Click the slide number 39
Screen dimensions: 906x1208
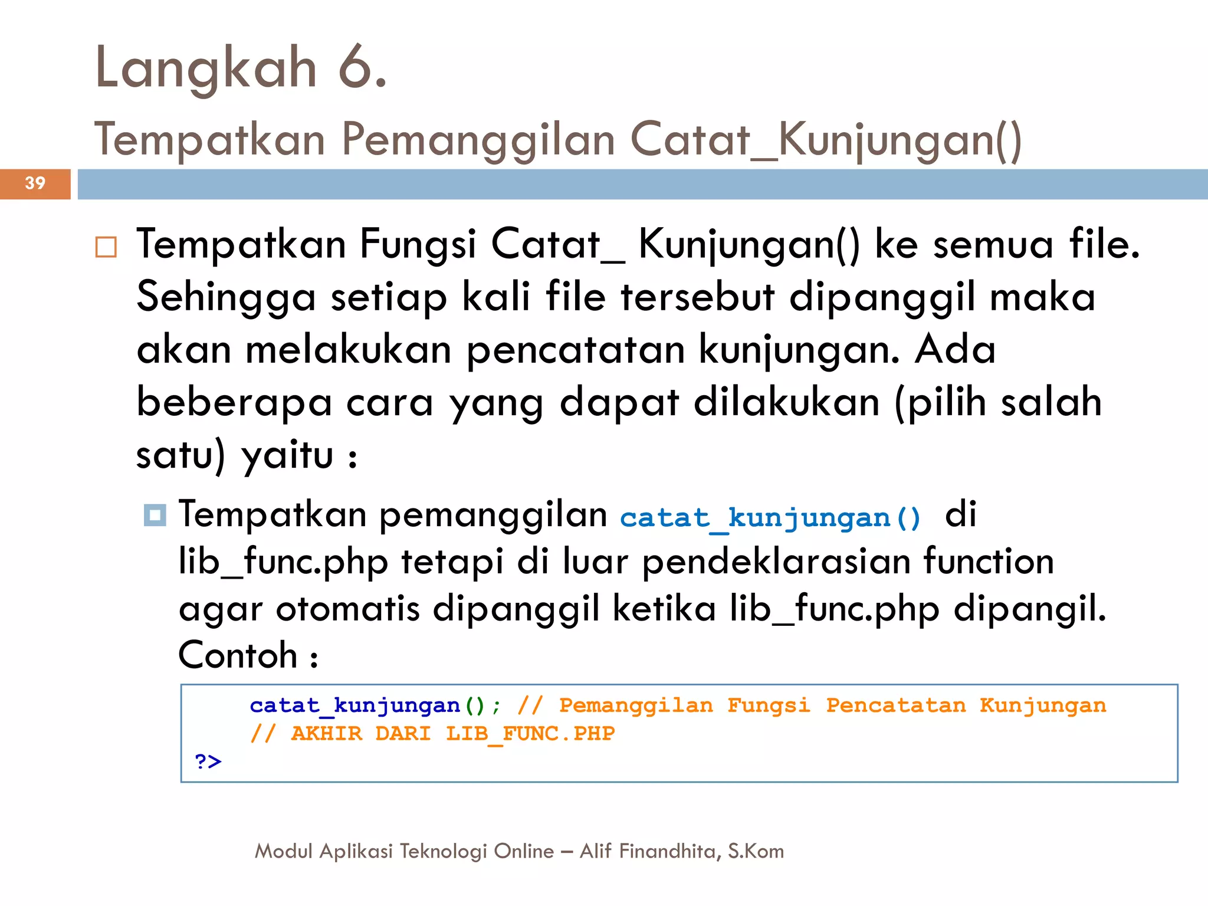click(35, 183)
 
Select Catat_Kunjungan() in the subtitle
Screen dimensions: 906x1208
click(826, 140)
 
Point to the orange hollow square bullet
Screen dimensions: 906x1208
click(106, 247)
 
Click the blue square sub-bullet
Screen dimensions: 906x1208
click(155, 516)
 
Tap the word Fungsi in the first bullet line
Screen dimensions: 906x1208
click(418, 244)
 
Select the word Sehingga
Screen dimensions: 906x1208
click(226, 297)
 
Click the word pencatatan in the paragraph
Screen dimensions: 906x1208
click(576, 350)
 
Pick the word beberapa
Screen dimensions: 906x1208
click(234, 402)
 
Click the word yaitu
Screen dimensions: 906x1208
click(288, 455)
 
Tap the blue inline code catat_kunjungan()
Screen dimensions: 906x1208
click(770, 518)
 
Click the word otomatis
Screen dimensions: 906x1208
click(347, 608)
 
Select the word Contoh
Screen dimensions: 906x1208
click(238, 655)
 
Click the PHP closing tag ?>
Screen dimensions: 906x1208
click(208, 761)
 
